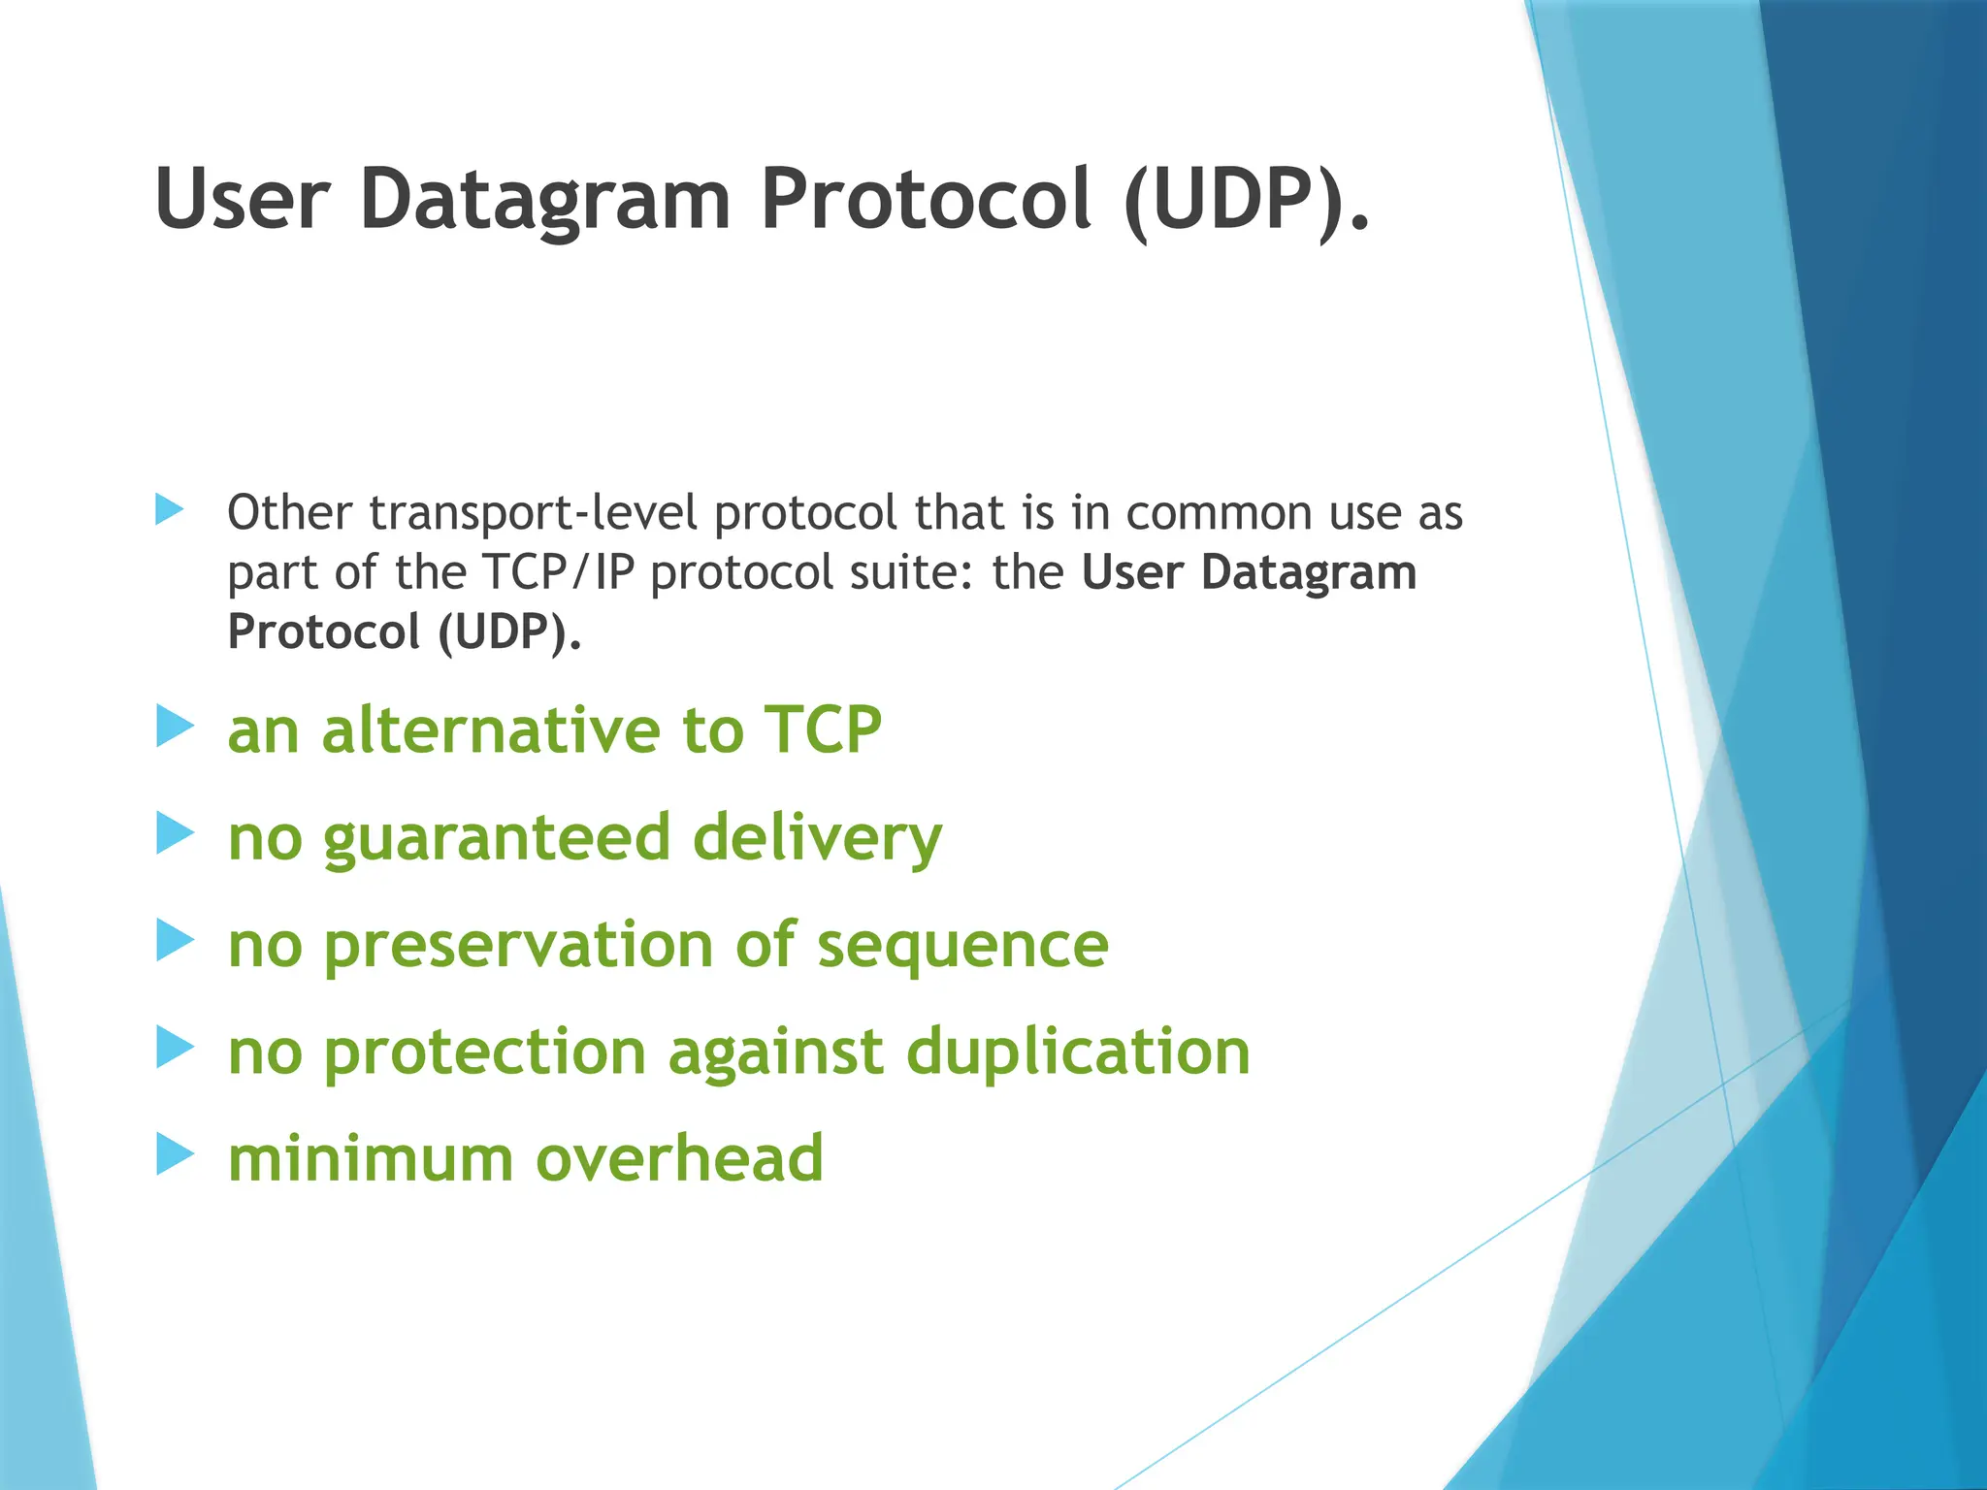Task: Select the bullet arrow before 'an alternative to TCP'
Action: coord(175,727)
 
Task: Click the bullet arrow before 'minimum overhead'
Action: coord(175,1155)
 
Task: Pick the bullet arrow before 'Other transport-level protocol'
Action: coord(169,509)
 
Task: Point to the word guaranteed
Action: coord(497,839)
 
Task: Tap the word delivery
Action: coord(817,839)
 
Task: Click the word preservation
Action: coord(518,946)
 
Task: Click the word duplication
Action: coord(1078,1053)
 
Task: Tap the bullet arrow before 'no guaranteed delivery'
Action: coord(175,833)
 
